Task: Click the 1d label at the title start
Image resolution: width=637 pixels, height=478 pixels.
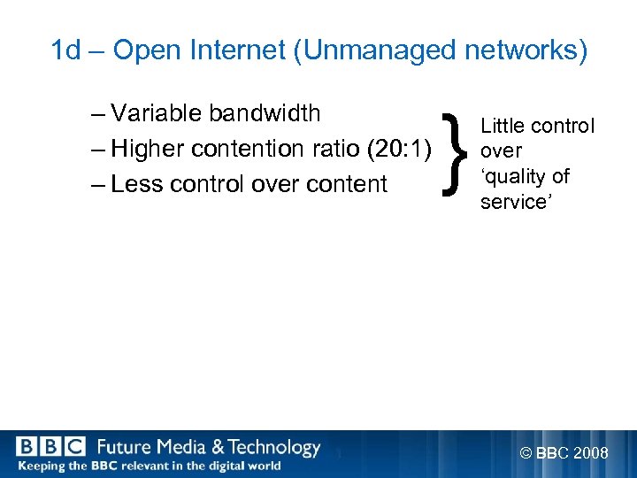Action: point(65,51)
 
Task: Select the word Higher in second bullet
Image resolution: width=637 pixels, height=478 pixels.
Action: point(147,149)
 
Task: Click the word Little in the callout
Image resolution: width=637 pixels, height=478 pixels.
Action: point(501,127)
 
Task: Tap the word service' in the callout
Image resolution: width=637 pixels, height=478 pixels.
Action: point(514,203)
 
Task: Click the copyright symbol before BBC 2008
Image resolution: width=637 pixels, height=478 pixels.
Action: point(526,454)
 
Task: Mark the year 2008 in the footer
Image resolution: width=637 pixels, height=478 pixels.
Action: point(590,454)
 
